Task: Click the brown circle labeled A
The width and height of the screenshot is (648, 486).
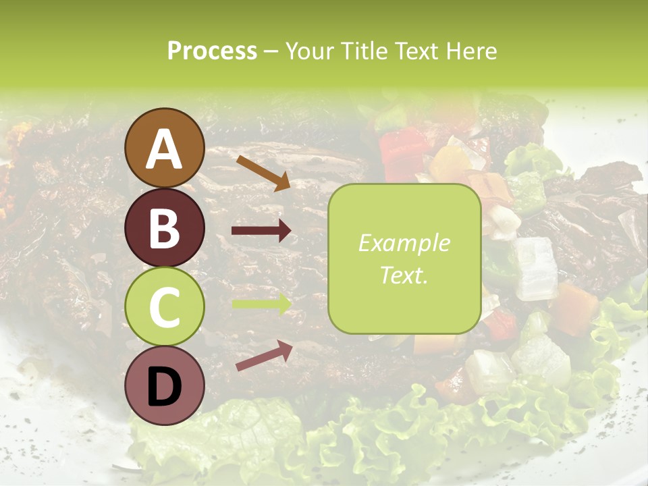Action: [x=165, y=148]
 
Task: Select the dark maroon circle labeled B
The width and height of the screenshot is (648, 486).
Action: [x=165, y=228]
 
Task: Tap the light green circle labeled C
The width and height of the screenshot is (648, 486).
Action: [x=165, y=306]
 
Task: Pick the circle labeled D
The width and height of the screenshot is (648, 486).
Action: [x=165, y=385]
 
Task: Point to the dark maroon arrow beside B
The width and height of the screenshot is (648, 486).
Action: [x=261, y=231]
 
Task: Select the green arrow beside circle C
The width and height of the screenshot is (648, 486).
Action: [x=261, y=304]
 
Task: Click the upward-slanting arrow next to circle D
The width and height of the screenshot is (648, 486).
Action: [x=264, y=355]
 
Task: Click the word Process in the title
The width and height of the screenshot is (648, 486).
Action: [x=212, y=51]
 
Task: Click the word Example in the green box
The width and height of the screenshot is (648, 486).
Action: [x=404, y=243]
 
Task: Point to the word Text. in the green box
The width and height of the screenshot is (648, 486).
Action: [x=404, y=275]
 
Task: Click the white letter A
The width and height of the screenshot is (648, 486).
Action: [x=165, y=149]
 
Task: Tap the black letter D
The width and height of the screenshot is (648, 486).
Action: [x=165, y=387]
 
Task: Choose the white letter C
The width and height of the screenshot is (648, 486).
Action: [x=165, y=308]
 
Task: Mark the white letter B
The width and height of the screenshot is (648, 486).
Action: [x=165, y=230]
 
